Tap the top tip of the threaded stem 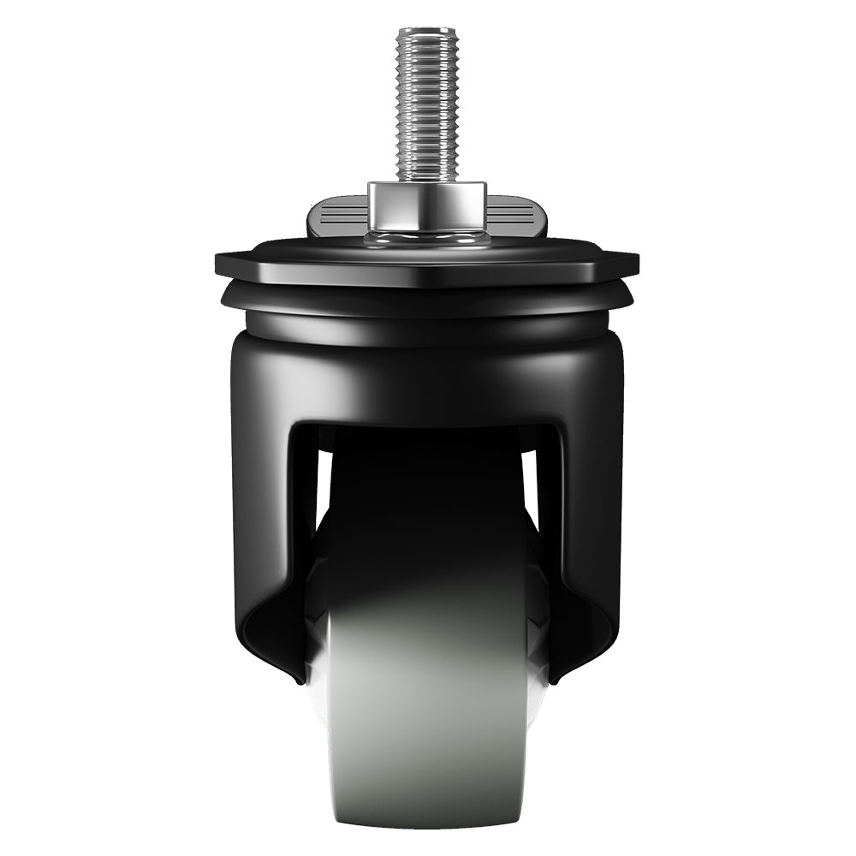(x=427, y=31)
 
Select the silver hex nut (x=427, y=205)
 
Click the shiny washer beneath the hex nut (x=427, y=237)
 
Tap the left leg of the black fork (x=261, y=514)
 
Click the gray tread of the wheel (x=427, y=719)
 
